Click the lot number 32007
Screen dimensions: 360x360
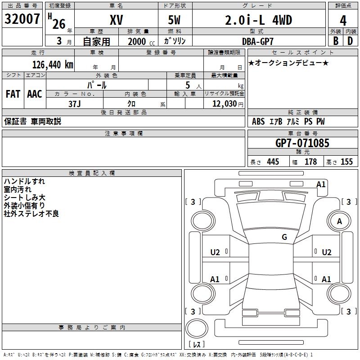22,19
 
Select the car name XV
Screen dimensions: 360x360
117,20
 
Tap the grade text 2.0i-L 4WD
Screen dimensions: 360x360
258,20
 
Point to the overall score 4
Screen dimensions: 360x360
343,21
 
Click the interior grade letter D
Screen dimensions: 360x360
350,41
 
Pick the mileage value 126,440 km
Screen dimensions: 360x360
53,65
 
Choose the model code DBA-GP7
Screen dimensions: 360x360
258,41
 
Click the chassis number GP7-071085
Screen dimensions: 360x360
302,143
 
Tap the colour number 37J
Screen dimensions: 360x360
75,104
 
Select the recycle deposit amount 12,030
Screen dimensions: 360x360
225,104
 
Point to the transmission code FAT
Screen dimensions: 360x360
13,94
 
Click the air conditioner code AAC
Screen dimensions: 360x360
35,94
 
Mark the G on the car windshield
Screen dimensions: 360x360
284,237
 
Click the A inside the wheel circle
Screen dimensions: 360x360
339,221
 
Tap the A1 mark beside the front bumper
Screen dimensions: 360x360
321,184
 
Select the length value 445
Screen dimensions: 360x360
273,162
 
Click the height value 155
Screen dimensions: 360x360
346,162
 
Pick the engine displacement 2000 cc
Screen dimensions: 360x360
141,41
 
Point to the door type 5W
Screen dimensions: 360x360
174,20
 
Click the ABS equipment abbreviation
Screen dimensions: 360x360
258,121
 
